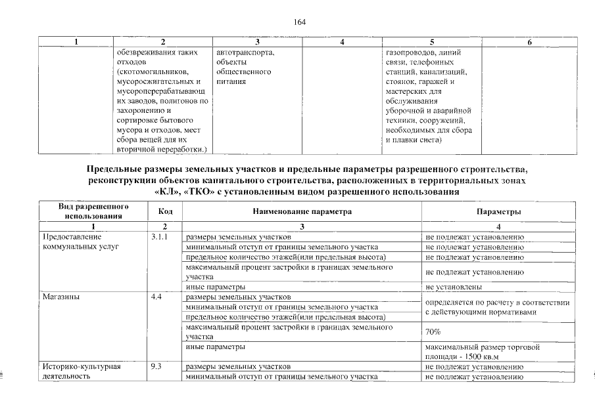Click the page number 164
point(299,22)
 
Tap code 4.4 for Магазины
point(156,297)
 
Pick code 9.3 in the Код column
point(156,366)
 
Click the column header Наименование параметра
point(302,211)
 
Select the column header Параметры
point(499,212)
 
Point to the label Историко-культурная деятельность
point(81,371)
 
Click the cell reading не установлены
point(454,287)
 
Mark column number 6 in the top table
point(529,42)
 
